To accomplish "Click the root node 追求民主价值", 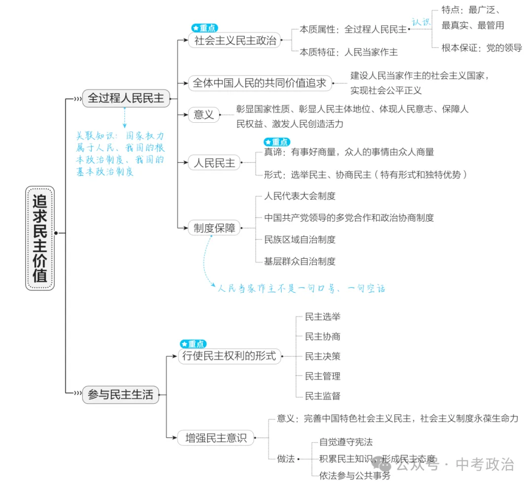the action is [40, 238].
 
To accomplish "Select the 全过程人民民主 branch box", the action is [126, 98].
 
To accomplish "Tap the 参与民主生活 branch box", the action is [121, 394].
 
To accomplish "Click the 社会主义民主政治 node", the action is [235, 40].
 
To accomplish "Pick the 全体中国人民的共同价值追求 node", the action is [260, 83].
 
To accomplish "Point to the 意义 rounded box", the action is [203, 115].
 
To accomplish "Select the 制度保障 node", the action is [214, 228].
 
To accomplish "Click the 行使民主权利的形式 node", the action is [230, 356].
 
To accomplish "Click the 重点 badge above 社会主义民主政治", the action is [204, 28].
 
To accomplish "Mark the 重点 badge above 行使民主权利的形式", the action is [193, 344].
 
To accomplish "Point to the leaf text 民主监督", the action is [323, 396].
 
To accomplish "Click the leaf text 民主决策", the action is [323, 356].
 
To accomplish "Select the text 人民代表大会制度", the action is [300, 196].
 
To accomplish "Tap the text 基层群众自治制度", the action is [300, 261].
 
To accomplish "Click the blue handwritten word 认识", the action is [421, 22].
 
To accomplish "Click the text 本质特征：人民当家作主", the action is [349, 51].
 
